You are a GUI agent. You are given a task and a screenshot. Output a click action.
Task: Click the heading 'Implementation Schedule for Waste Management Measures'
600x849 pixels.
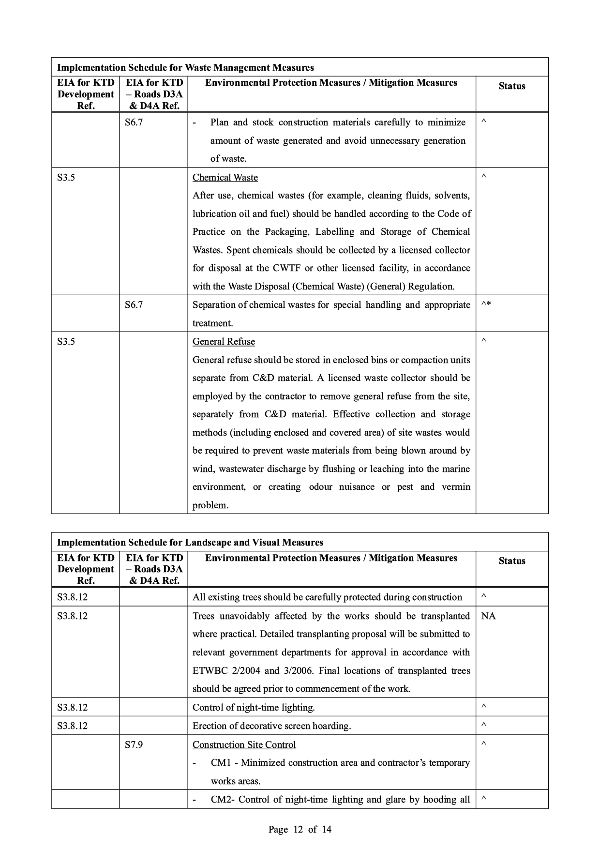[x=185, y=68]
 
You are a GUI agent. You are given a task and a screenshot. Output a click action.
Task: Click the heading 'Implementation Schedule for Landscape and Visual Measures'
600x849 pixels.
[x=190, y=543]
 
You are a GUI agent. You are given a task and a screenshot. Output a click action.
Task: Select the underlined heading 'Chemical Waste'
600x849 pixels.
[x=225, y=178]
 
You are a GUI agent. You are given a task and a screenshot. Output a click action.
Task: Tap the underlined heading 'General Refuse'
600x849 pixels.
[x=224, y=342]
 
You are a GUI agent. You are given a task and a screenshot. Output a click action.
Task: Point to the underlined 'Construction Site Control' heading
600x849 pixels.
[x=244, y=744]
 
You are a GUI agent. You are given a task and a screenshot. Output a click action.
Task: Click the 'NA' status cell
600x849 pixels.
[x=488, y=616]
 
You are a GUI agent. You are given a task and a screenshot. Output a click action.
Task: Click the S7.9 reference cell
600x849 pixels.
[x=134, y=744]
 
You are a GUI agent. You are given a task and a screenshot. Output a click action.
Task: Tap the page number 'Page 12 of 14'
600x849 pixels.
[x=300, y=829]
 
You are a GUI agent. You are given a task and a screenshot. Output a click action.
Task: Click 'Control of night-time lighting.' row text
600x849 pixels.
[x=254, y=708]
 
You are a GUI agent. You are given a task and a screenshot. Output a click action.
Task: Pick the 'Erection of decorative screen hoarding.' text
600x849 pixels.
[x=271, y=726]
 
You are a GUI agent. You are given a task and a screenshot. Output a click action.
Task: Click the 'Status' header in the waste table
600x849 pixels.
[x=511, y=86]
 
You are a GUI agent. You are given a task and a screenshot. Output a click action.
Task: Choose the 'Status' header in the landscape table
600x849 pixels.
[x=511, y=561]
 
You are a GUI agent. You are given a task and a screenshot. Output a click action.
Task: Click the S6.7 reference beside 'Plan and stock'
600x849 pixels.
[x=134, y=122]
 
